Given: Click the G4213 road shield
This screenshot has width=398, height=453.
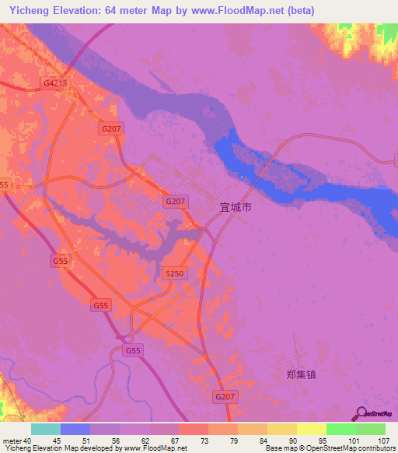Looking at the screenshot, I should click(54, 83).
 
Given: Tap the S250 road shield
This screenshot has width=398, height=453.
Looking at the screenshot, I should click(175, 273).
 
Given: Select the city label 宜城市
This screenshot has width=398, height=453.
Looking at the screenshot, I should click(234, 209).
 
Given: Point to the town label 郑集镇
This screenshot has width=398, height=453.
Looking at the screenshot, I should click(302, 374).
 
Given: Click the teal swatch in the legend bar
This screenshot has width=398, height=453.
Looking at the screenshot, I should click(45, 429).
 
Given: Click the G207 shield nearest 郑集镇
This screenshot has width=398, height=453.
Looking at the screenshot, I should click(223, 396).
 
